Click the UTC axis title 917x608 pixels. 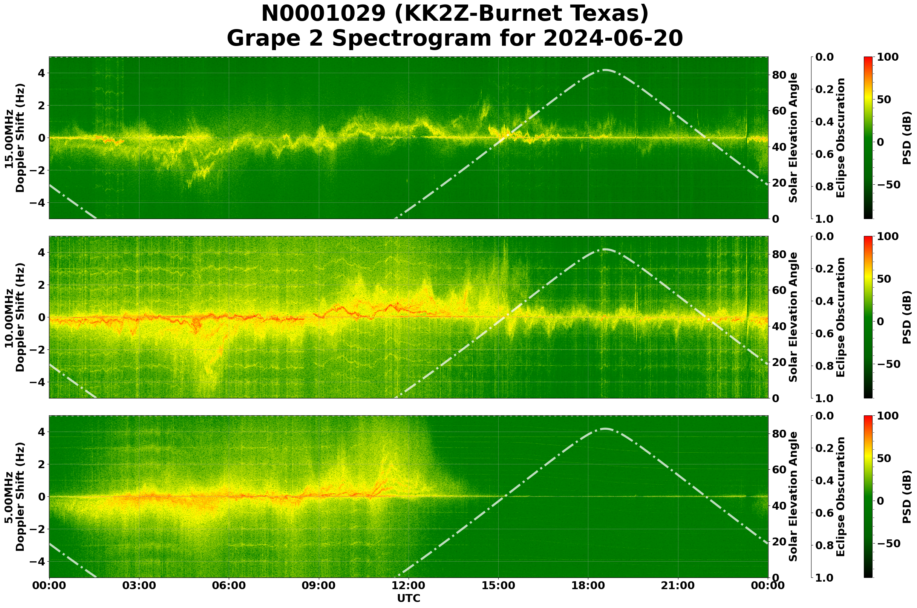[x=409, y=598]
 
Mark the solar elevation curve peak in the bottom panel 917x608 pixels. [x=605, y=429]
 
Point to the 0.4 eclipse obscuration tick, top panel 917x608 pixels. [x=828, y=122]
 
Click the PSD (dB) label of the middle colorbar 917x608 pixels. [x=906, y=317]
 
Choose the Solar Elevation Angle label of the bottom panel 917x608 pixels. [x=793, y=497]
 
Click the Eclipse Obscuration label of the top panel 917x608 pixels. [x=840, y=138]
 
